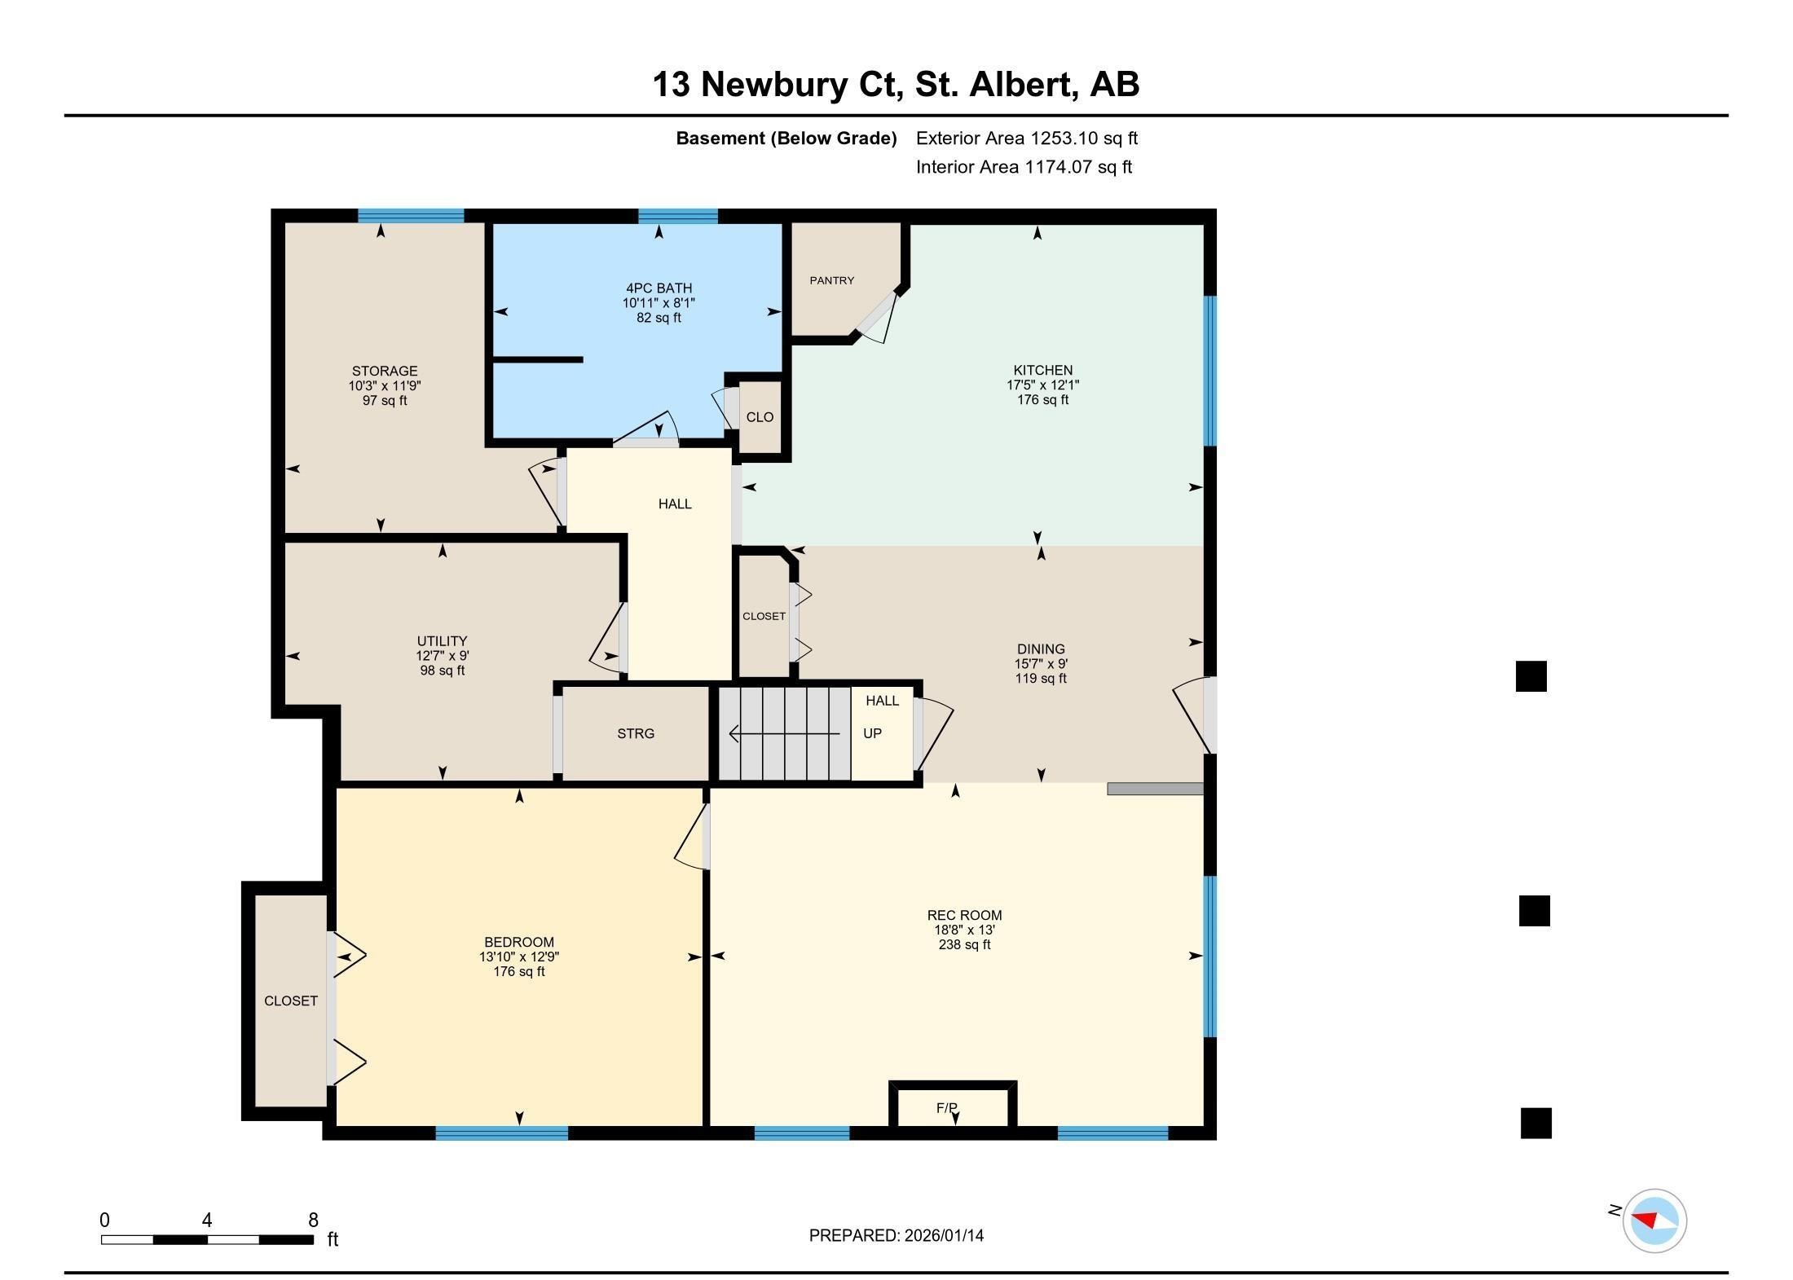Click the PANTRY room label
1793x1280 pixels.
tap(831, 280)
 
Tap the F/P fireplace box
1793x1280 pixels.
tap(953, 1105)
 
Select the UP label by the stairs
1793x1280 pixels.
tap(872, 733)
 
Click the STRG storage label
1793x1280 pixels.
tap(636, 733)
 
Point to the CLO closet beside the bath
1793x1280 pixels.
tap(760, 417)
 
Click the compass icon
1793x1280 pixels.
tap(1654, 1220)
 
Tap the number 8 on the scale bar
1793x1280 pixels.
tap(313, 1220)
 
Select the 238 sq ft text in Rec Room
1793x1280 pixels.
tap(964, 945)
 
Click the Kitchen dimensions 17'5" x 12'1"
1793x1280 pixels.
tap(1042, 385)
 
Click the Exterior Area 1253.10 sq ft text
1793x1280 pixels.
tap(1027, 139)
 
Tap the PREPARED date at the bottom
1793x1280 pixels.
tap(896, 1235)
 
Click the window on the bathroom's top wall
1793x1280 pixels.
tap(678, 216)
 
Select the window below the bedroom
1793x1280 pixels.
tap(501, 1133)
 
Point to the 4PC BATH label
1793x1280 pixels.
tap(659, 288)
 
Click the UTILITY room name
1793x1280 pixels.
tap(442, 641)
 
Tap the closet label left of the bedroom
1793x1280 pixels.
tap(291, 1001)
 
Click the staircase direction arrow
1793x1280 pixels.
tap(784, 733)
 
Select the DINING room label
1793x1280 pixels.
tap(1041, 649)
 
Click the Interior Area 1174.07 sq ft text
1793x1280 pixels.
tap(1024, 167)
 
